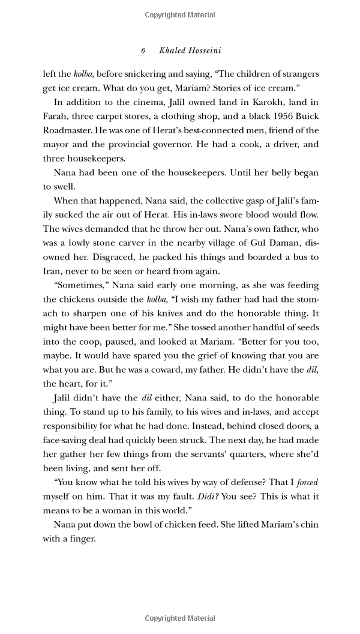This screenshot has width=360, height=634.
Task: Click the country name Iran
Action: [52, 271]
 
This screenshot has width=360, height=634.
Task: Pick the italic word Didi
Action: [209, 496]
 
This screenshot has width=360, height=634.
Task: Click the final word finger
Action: [82, 539]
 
